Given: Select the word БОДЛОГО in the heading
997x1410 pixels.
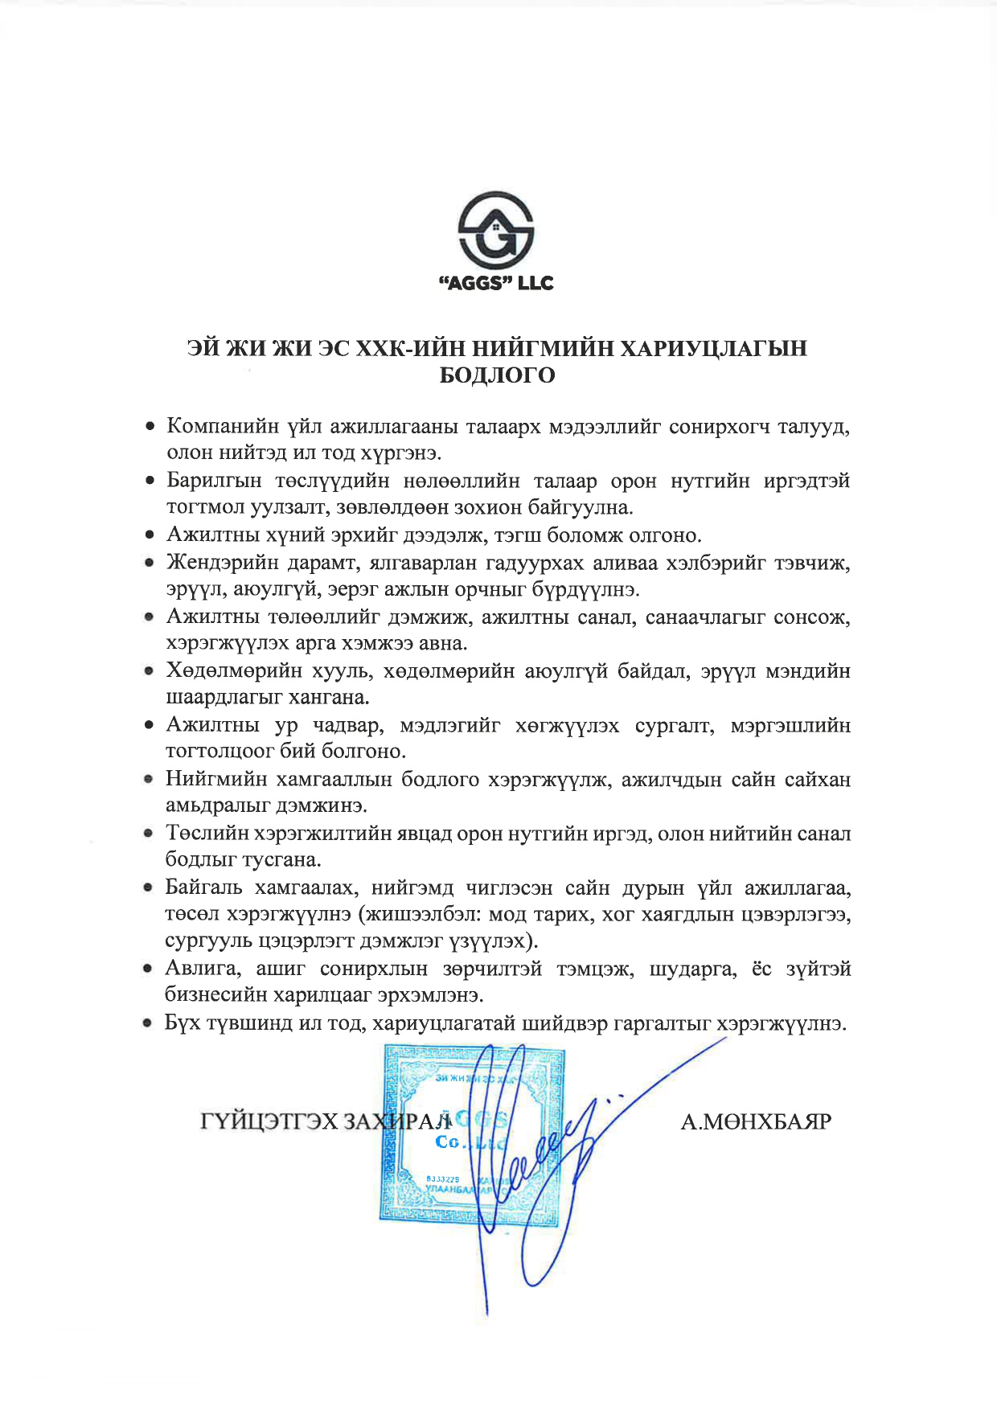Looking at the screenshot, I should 497,375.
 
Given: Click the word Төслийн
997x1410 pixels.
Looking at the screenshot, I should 204,834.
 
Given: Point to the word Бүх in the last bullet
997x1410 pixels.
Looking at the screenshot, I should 182,1023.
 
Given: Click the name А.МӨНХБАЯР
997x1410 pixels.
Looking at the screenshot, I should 756,1121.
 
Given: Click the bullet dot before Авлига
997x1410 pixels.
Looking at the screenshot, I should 148,969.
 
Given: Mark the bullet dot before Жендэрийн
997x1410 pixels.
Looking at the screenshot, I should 149,564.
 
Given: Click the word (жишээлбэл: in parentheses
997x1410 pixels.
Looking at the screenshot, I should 418,915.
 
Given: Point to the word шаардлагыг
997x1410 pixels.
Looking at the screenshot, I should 217,697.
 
